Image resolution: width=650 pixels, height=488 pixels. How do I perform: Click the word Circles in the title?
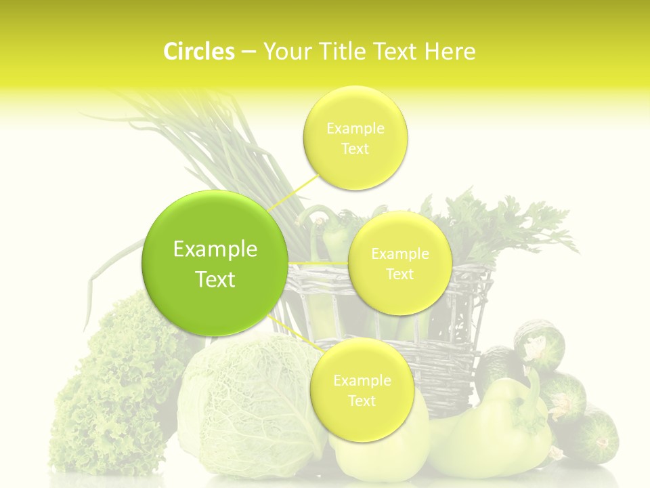point(198,51)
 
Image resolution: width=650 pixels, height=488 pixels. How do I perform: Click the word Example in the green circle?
point(215,249)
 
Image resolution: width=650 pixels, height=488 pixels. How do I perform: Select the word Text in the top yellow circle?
point(355,149)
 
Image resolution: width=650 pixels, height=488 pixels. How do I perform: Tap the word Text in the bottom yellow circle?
point(362,401)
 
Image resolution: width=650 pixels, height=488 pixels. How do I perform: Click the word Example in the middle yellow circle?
point(399,254)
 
